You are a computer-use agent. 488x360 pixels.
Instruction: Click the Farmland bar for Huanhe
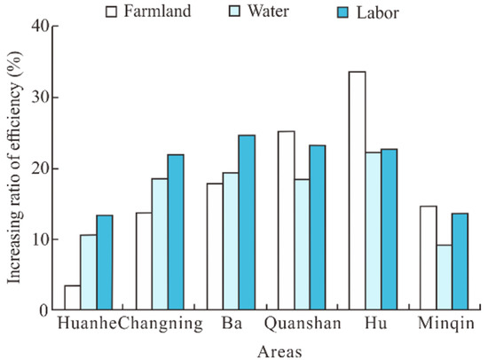[73, 298]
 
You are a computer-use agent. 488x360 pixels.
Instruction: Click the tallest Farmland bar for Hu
[358, 191]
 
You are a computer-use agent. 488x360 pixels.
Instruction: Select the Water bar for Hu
[374, 231]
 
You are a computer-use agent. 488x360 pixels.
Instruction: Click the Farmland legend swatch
[112, 12]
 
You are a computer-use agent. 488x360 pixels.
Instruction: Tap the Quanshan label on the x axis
[302, 324]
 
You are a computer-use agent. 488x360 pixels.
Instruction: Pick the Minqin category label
[445, 324]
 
